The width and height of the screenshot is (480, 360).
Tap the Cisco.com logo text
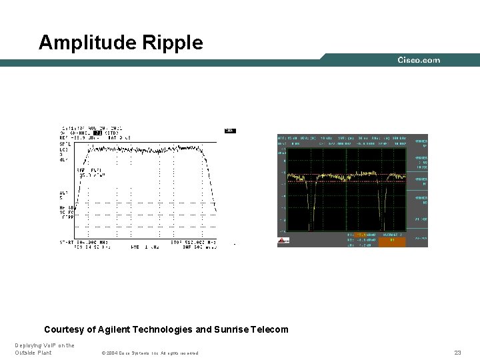[419, 60]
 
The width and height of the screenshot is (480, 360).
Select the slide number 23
[457, 352]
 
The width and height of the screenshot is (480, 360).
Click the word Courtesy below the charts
[65, 329]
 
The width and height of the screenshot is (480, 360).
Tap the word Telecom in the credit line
[269, 329]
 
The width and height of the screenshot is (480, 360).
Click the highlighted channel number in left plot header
[97, 133]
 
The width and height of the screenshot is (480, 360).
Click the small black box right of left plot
[230, 131]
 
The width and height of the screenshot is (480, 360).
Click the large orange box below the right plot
[391, 241]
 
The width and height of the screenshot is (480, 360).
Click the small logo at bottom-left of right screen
[283, 241]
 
